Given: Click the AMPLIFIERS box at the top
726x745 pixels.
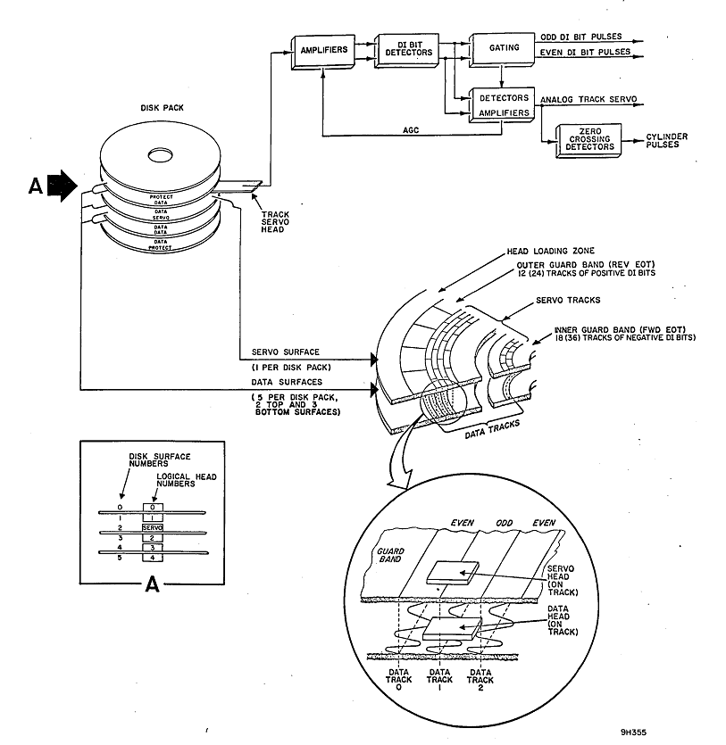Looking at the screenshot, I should point(322,50).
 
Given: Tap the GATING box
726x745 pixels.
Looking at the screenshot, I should point(505,48).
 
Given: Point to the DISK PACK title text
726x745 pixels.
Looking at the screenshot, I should point(160,108).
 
